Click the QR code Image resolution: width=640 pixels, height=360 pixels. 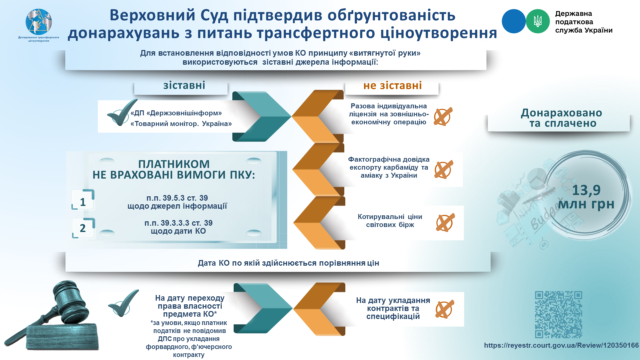(559, 315)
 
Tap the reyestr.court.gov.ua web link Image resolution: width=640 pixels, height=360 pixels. (561, 345)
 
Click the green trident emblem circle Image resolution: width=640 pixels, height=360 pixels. (538, 21)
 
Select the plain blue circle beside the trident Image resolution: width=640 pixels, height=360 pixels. (514, 21)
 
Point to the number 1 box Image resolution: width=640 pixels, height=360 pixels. (83, 200)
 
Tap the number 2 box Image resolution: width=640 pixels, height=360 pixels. (84, 228)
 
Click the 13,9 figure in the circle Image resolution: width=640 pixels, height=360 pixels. (586, 190)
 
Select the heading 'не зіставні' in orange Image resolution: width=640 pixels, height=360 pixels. (392, 86)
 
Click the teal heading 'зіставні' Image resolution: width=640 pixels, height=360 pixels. (184, 85)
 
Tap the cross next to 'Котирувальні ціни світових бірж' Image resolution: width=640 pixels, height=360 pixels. (445, 222)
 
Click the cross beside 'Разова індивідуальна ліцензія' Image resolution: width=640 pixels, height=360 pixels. (443, 116)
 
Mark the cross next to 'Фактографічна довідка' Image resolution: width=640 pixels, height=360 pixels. (444, 169)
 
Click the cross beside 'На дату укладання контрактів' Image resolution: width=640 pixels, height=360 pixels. (445, 309)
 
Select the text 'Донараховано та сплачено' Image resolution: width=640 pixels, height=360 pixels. (561, 118)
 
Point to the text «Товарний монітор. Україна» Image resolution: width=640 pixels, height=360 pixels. (181, 124)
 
